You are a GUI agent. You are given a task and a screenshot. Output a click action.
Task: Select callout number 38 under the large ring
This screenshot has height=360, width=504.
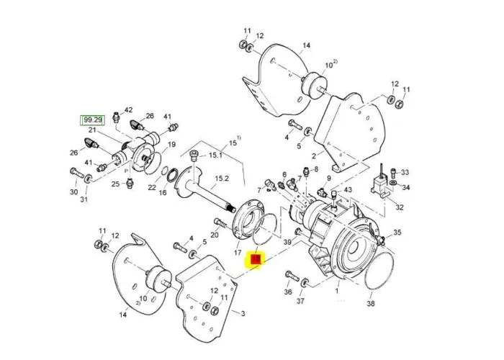pyautogui.click(x=370, y=304)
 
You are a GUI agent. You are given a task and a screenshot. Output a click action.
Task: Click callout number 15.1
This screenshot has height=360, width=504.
pyautogui.click(x=215, y=156)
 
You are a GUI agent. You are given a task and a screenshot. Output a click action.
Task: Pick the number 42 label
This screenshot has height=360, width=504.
pyautogui.click(x=129, y=110)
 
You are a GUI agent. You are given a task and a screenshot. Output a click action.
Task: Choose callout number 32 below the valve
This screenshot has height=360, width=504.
pyautogui.click(x=400, y=207)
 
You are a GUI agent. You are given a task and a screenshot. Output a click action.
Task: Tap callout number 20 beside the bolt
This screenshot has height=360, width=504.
pyautogui.click(x=215, y=235)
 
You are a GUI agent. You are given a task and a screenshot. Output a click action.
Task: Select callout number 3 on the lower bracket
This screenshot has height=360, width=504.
pyautogui.click(x=243, y=314)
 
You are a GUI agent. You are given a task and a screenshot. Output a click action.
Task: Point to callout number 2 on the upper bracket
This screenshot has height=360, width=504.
pyautogui.click(x=313, y=155)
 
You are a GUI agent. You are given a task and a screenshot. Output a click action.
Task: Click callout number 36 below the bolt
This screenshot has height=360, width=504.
pyautogui.click(x=288, y=292)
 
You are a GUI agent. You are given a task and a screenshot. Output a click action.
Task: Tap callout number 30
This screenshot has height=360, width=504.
pyautogui.click(x=73, y=192)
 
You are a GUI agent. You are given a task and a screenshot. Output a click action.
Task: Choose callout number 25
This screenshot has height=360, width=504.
pyautogui.click(x=115, y=184)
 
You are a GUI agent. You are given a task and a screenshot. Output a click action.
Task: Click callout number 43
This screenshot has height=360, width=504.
pyautogui.click(x=348, y=189)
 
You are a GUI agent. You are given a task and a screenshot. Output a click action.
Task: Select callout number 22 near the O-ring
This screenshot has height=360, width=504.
pyautogui.click(x=152, y=187)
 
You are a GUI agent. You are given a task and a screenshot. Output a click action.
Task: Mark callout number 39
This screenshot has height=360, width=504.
pyautogui.click(x=287, y=243)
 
